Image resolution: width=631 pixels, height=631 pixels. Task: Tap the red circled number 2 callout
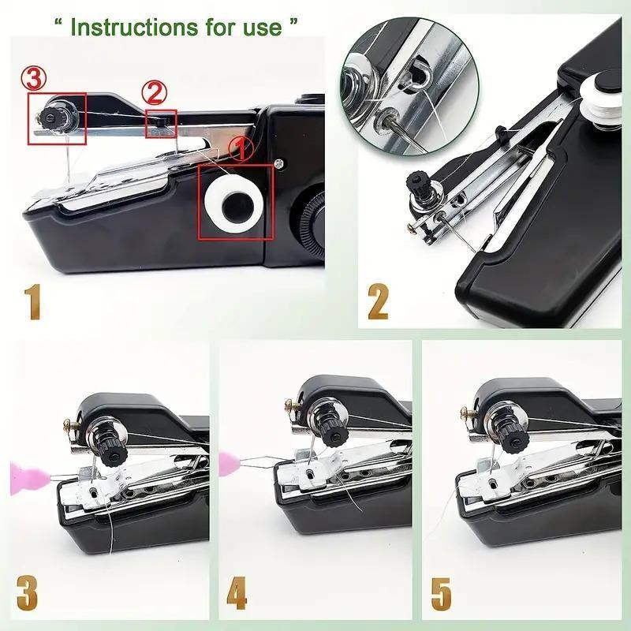(x=155, y=94)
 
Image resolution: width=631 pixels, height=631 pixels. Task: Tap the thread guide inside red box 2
(x=162, y=120)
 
